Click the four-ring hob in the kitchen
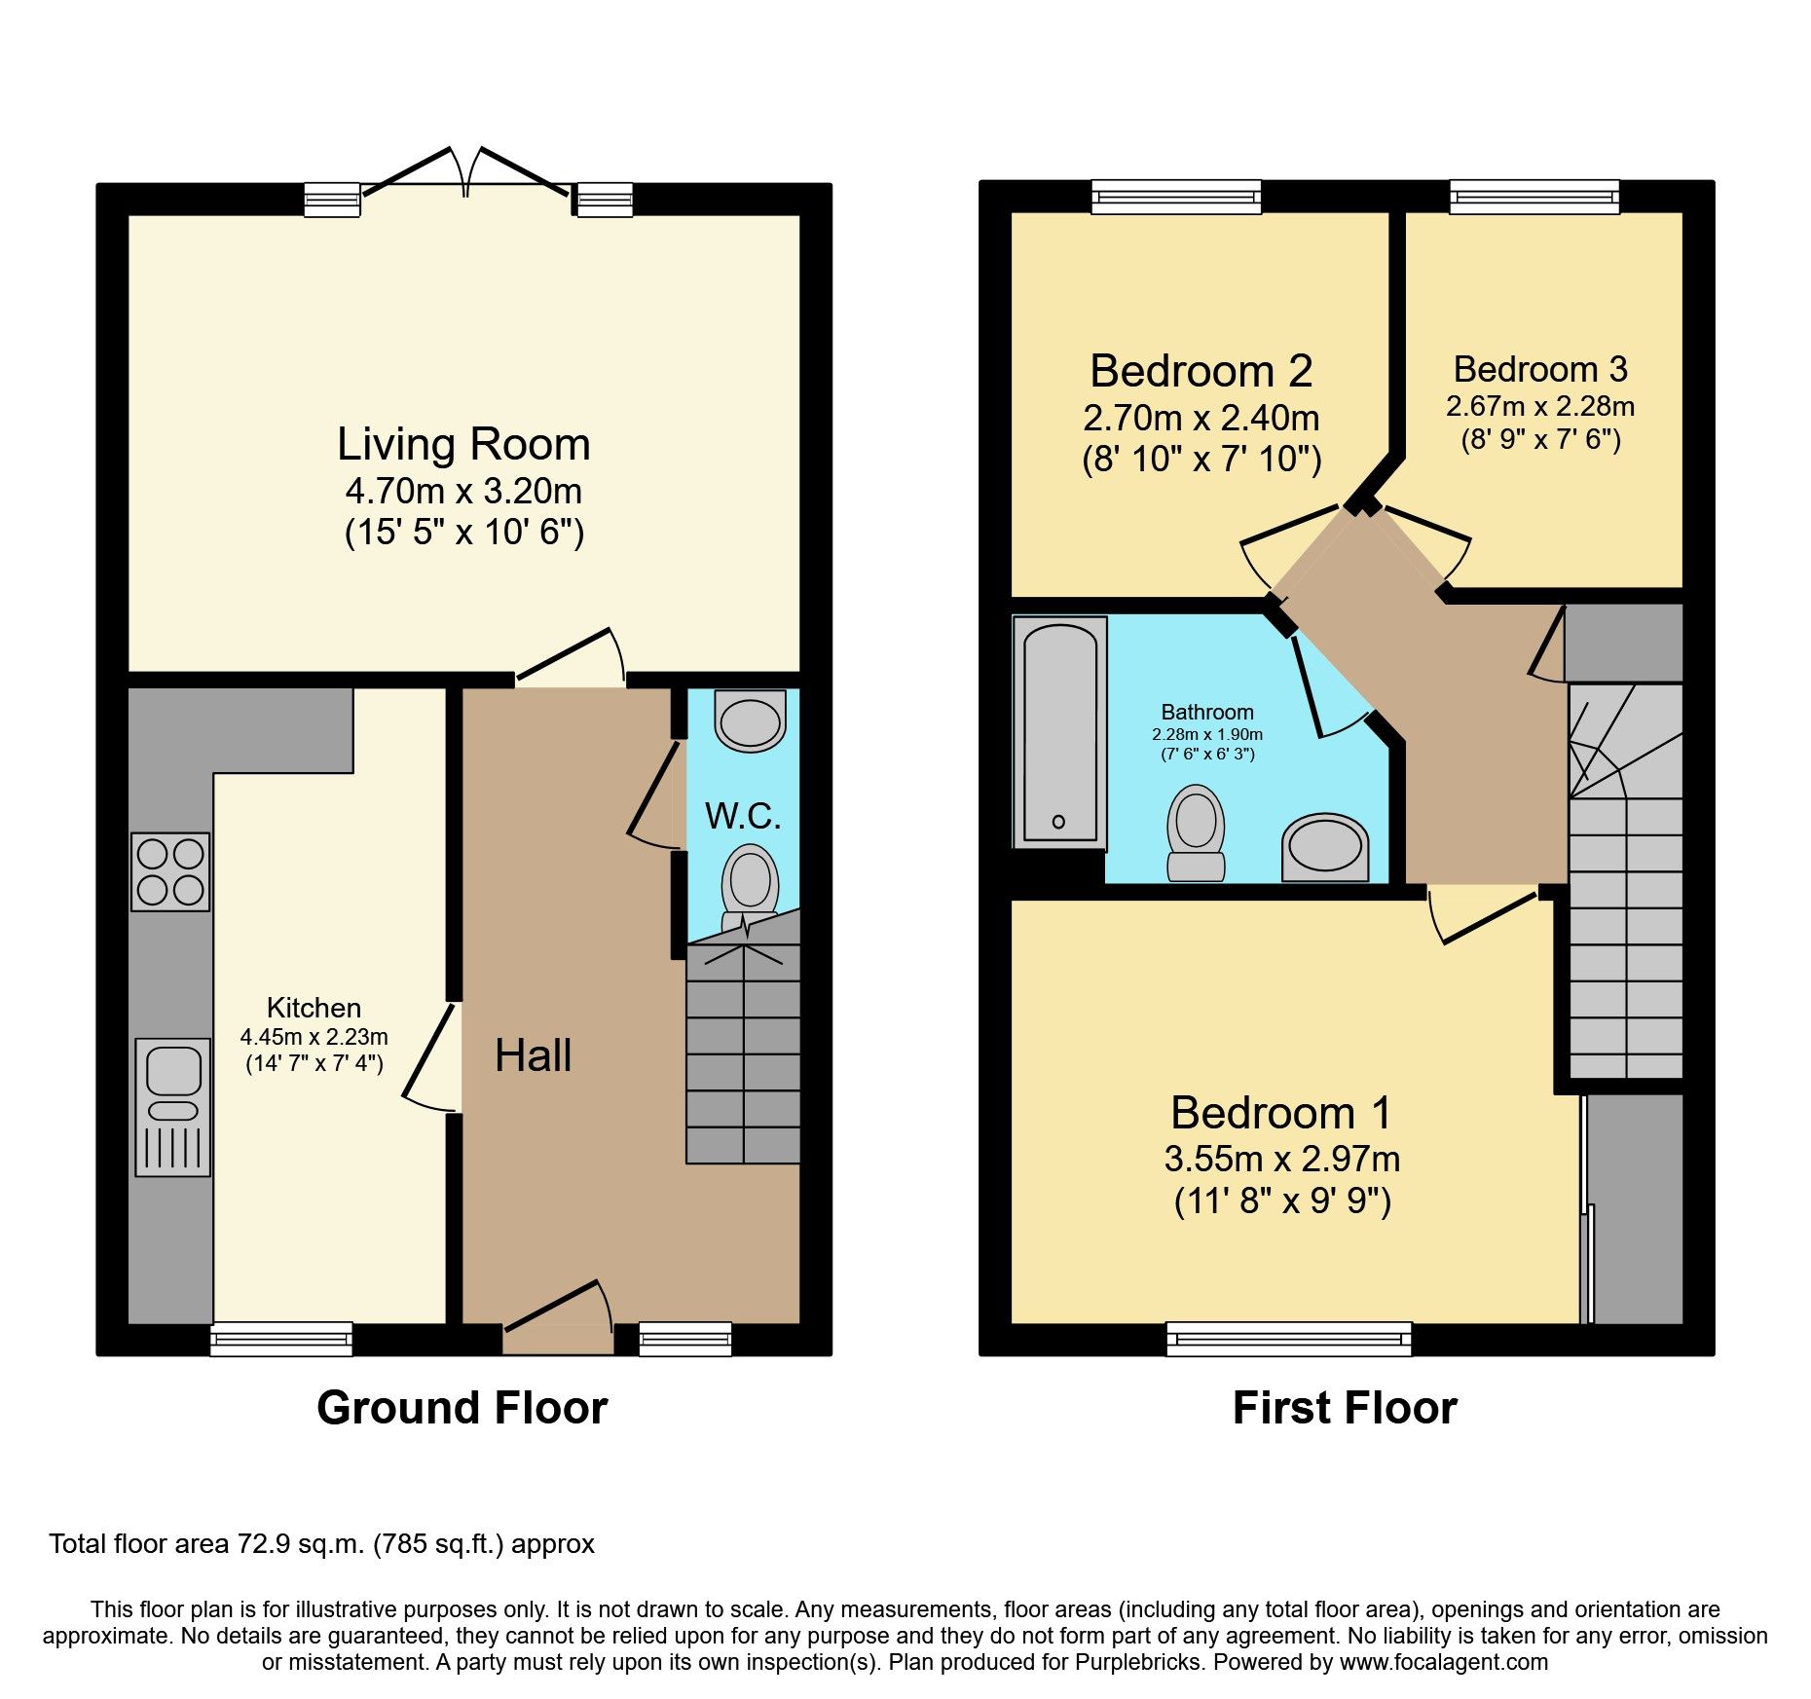click(170, 871)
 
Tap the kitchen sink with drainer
click(172, 1107)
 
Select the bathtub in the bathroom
click(1059, 732)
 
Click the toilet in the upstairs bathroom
click(1196, 833)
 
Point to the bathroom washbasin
click(1325, 848)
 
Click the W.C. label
click(743, 816)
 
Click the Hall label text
click(533, 1055)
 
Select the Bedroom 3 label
click(1540, 370)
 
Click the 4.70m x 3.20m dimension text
click(463, 491)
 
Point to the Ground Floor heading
click(462, 1408)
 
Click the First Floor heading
click(1345, 1408)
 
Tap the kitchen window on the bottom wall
click(281, 1339)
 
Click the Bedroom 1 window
click(1288, 1339)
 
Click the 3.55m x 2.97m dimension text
click(1282, 1159)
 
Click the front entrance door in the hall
click(557, 1314)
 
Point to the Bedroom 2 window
click(1175, 198)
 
